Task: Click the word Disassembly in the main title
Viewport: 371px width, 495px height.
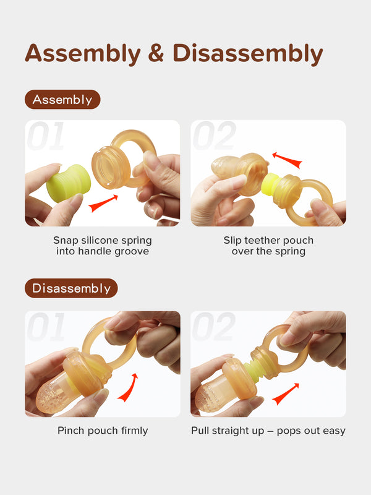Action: coord(248,54)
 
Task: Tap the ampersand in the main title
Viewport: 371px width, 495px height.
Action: coord(156,53)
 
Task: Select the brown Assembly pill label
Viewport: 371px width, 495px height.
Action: coord(62,100)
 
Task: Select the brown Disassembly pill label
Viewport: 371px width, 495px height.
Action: coord(71,288)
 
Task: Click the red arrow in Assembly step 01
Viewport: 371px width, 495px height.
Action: coord(103,204)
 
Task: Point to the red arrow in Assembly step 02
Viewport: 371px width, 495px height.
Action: coord(287,160)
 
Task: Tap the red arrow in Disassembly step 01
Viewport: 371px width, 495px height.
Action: coord(128,387)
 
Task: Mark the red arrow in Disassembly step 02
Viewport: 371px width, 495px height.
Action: coord(286,394)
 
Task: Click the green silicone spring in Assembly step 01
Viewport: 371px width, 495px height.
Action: coord(69,183)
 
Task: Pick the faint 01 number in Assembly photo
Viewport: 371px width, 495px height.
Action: coord(46,136)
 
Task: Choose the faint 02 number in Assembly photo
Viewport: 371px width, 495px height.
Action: coord(214,136)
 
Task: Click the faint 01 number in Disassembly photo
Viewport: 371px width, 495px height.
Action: coord(46,327)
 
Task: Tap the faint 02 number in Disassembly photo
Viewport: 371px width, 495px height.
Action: coord(213,327)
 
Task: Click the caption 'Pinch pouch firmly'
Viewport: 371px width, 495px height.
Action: coord(103,431)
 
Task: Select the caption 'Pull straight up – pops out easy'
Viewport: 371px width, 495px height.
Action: coord(268,431)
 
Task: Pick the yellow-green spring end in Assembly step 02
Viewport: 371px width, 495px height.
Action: coord(269,184)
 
